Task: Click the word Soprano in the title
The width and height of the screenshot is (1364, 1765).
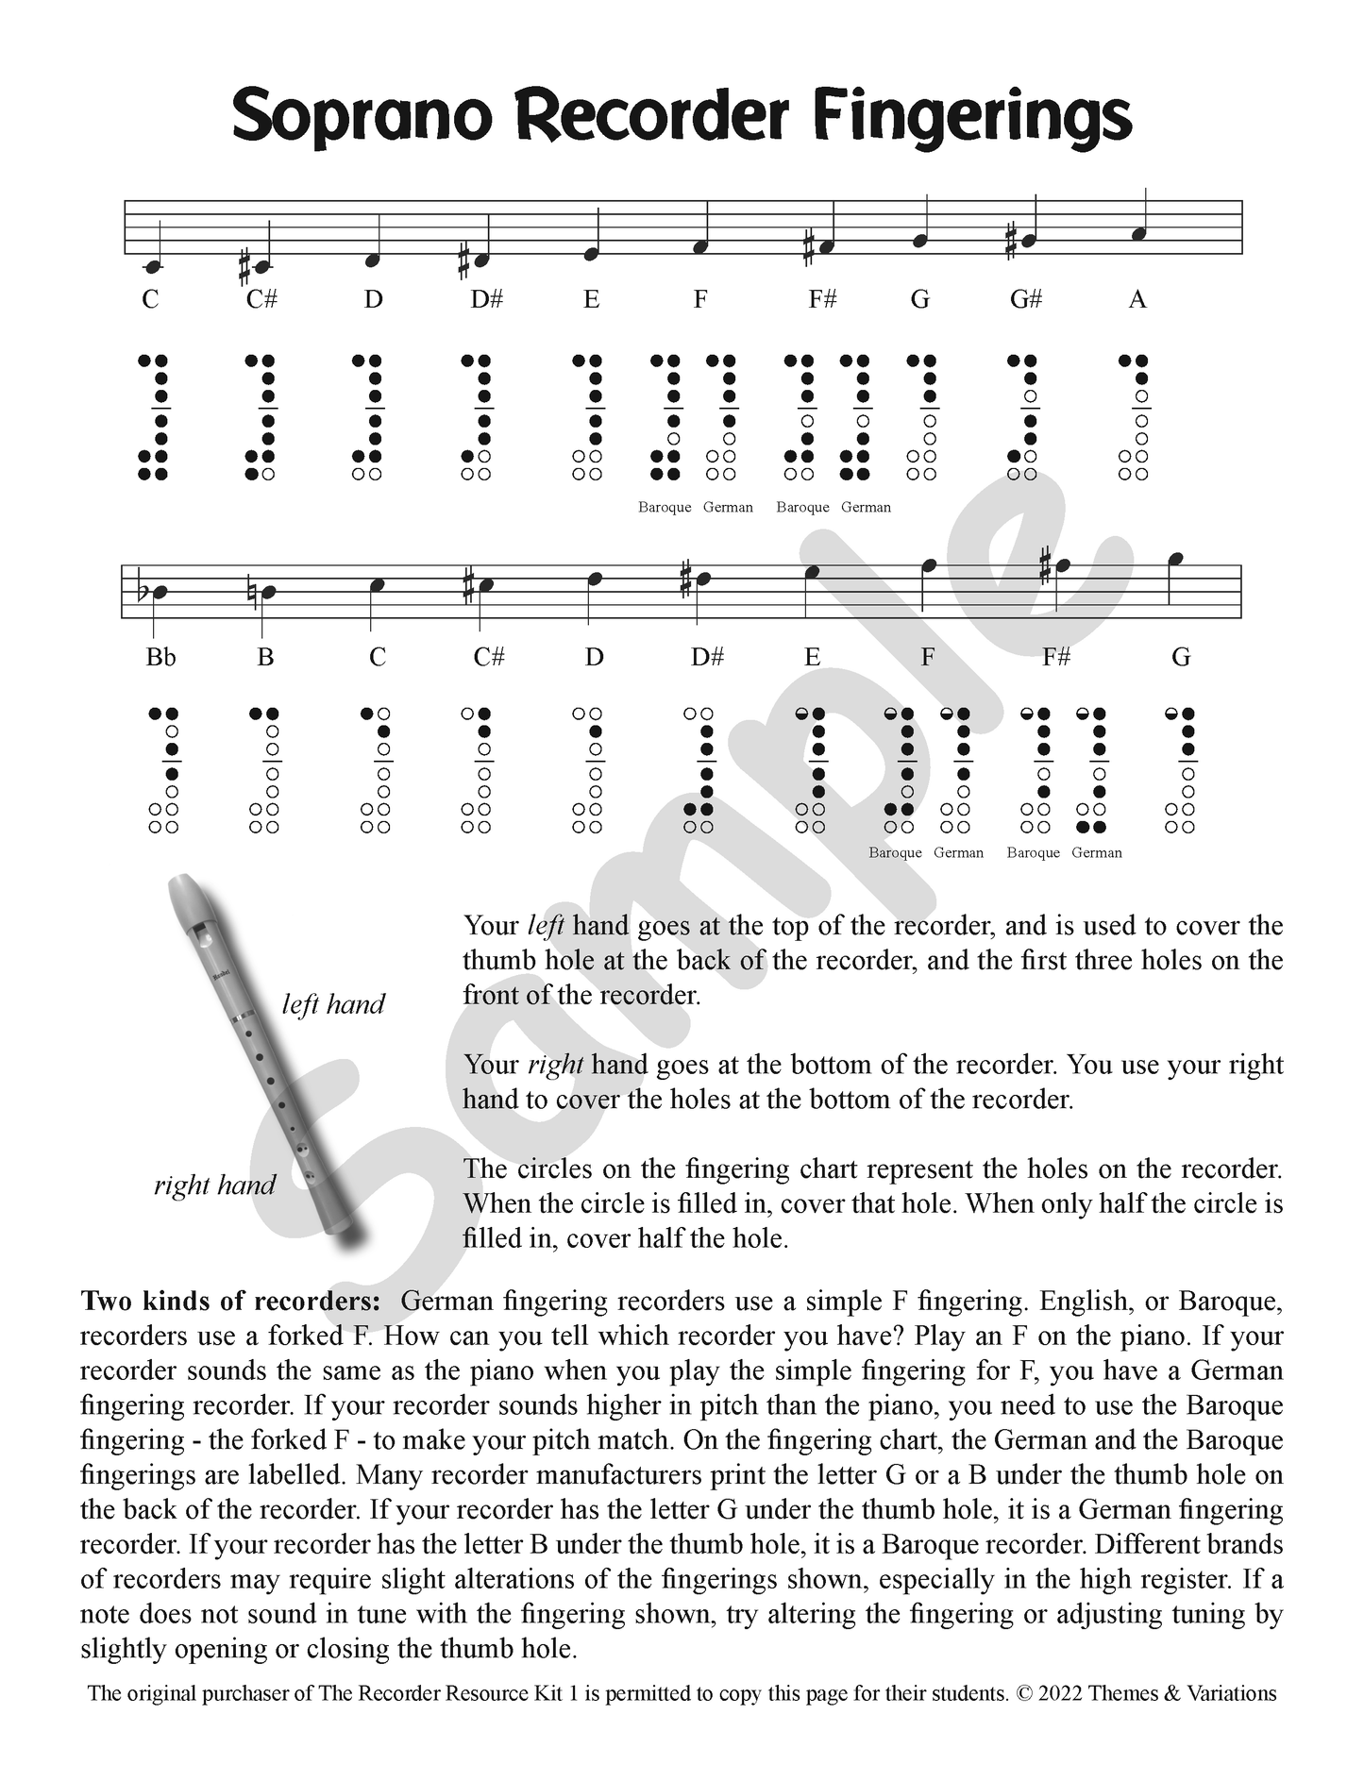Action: click(362, 117)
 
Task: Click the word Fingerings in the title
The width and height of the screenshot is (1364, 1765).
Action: click(971, 117)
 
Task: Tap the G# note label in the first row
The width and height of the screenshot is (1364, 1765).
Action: click(1025, 300)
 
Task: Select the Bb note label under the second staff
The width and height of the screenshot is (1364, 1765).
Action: click(160, 657)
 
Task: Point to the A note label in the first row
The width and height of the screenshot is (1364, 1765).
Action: click(1137, 300)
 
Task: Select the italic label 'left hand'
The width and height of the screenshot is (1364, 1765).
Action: click(333, 1003)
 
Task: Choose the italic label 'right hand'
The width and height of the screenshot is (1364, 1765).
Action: click(214, 1185)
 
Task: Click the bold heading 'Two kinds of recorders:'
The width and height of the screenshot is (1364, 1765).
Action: click(231, 1301)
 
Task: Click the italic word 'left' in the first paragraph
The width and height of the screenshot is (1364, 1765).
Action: click(546, 925)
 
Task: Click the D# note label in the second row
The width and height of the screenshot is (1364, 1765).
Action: click(706, 657)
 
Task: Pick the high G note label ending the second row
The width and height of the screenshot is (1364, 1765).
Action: click(1180, 657)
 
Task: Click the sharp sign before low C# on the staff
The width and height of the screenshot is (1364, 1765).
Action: click(244, 268)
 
